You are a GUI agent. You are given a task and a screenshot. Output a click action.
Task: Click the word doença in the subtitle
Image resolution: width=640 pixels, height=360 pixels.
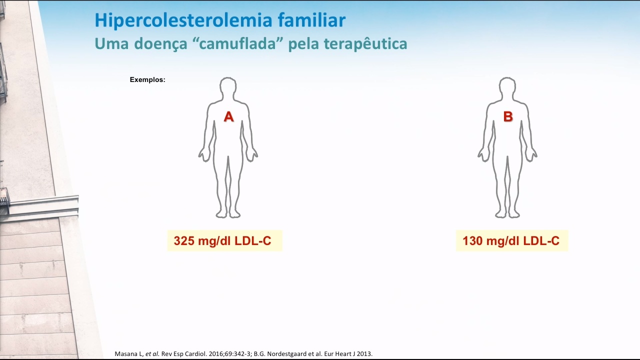[x=160, y=44]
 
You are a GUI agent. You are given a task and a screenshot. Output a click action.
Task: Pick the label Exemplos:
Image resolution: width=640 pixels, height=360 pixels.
[x=147, y=79]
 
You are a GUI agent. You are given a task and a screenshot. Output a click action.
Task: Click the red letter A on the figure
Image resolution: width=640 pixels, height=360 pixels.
[x=228, y=116]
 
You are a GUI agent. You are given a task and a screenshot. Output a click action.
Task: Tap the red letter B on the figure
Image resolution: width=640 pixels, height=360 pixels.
[x=508, y=116]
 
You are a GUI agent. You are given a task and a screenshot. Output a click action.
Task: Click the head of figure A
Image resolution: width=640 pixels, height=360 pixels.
[x=228, y=87]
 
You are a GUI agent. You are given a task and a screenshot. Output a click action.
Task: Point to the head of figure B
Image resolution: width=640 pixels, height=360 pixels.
[x=507, y=87]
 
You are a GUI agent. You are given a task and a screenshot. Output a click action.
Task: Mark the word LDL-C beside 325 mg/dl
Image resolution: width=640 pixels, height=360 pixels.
[x=253, y=241]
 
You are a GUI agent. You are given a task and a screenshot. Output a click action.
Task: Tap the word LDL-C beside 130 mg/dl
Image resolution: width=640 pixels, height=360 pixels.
[x=541, y=241]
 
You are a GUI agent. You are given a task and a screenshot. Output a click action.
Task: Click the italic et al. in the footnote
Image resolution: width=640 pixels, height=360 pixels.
[x=152, y=353]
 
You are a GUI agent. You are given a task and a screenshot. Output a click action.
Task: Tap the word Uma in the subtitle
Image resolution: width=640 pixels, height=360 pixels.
[x=111, y=44]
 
